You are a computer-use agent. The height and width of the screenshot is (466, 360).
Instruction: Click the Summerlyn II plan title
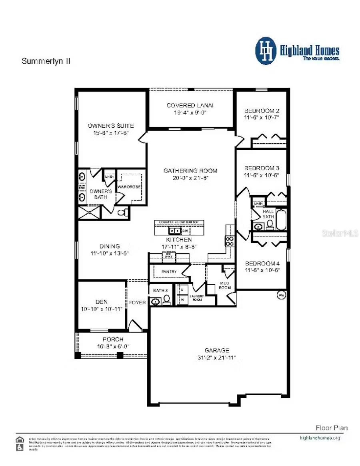(46, 61)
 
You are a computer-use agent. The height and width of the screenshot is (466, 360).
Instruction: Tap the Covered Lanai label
(190, 105)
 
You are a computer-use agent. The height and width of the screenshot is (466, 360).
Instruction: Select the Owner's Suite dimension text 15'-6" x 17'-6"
(111, 133)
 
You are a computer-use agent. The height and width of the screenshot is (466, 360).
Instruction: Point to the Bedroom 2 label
(262, 110)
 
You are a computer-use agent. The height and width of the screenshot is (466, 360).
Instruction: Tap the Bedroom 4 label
(262, 263)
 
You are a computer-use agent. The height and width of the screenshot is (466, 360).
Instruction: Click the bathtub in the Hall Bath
(281, 220)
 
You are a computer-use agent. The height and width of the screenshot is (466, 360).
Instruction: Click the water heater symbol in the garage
(280, 295)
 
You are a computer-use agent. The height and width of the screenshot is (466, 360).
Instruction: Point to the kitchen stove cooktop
(230, 241)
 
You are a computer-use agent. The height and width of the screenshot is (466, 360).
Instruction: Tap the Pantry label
(169, 272)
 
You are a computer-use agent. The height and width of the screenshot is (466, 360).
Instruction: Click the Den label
(101, 302)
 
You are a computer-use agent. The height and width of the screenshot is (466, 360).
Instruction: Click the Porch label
(113, 339)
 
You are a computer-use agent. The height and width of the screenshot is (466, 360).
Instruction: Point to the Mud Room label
(226, 285)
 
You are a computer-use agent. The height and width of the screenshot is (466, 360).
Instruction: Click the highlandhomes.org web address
(320, 438)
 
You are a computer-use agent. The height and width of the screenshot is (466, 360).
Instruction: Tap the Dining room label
(110, 246)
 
